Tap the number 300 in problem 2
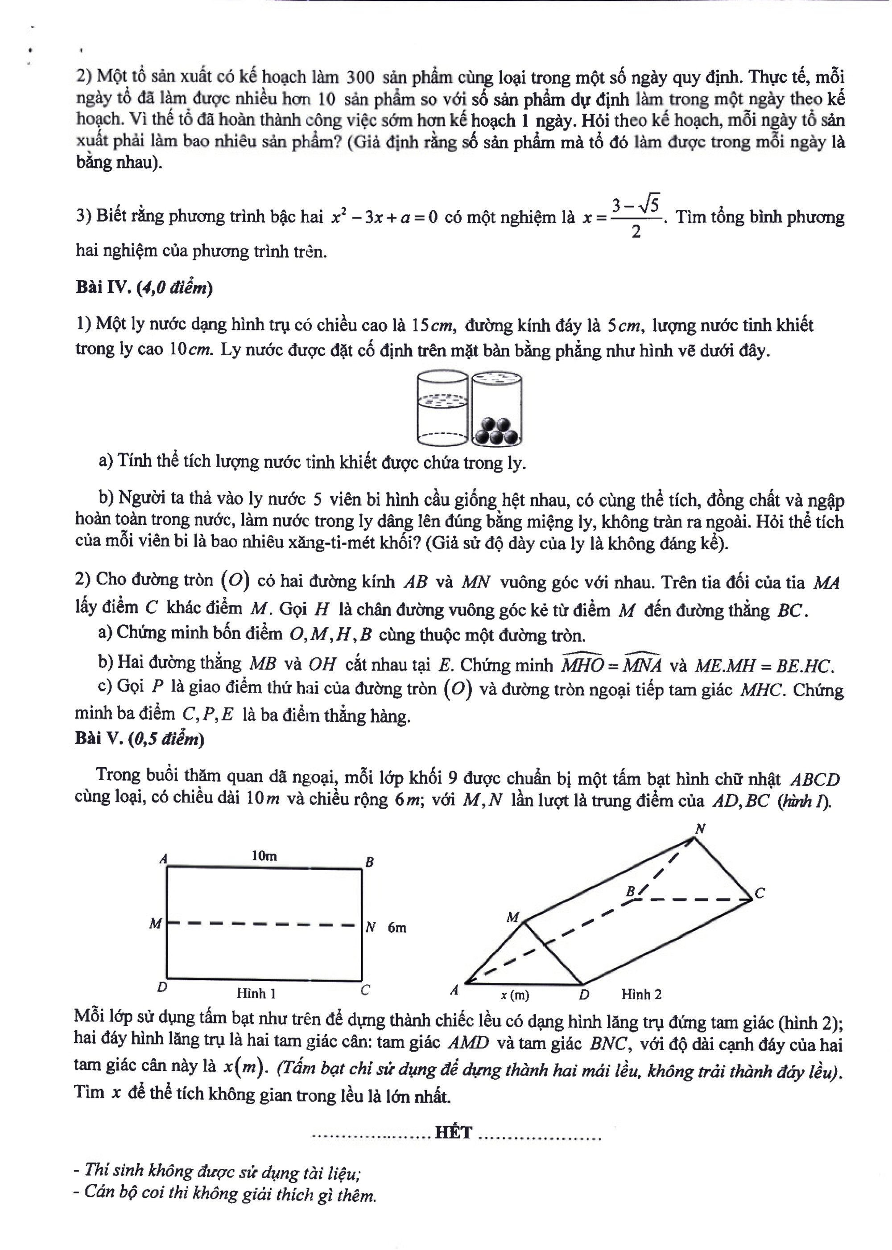point(360,78)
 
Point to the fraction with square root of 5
point(636,218)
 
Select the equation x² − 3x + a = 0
point(384,218)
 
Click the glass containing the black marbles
point(496,408)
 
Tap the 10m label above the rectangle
point(264,855)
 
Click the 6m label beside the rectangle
point(396,927)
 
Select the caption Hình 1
point(256,993)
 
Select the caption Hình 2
point(641,994)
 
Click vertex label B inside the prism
point(631,892)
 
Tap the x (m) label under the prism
point(515,994)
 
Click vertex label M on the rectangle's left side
point(156,925)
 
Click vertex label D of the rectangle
point(162,987)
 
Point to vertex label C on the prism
point(760,893)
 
